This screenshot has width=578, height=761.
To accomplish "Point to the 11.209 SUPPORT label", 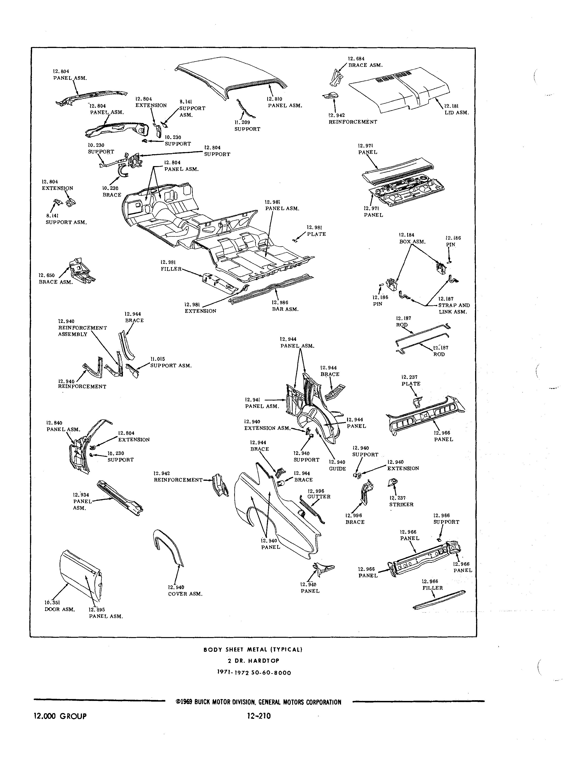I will click(247, 126).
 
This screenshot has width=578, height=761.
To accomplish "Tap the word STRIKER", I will click(401, 505).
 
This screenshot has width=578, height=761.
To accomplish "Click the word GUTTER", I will click(319, 497).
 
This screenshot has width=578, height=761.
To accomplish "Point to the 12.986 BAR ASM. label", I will click(285, 306).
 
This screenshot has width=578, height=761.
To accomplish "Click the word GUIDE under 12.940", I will click(337, 469).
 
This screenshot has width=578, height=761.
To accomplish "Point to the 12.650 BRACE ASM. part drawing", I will click(81, 270).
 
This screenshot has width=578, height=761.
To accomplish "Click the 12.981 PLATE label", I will click(316, 231).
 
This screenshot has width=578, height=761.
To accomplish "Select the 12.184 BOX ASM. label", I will click(412, 238).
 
